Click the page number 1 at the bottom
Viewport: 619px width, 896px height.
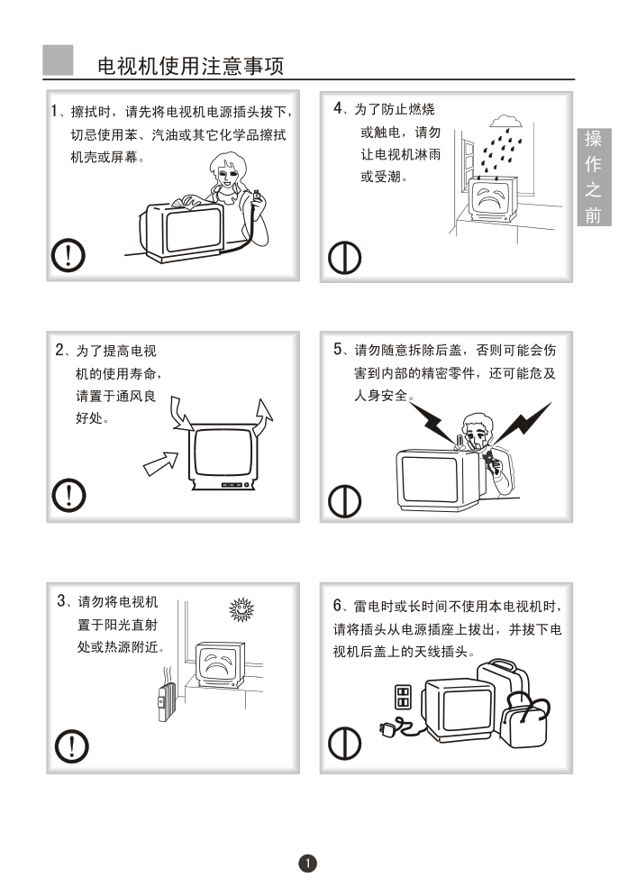pos(308,863)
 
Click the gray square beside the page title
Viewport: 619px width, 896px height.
pos(59,60)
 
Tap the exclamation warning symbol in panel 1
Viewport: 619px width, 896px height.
pos(68,255)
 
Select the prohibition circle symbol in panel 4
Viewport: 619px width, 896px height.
pos(345,258)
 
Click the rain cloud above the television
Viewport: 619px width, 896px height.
pos(505,121)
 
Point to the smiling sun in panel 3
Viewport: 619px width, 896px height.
pos(241,609)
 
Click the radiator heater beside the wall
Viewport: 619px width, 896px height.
pos(167,700)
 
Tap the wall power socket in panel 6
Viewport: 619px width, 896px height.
pos(403,697)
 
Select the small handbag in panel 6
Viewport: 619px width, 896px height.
pos(524,720)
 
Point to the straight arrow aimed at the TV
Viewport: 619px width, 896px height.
pos(160,463)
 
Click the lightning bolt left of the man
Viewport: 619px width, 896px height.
pos(434,422)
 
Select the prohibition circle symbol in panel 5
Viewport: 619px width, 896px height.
pos(345,501)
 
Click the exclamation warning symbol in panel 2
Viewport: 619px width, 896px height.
pos(69,495)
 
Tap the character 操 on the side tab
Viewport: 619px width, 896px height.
pos(593,138)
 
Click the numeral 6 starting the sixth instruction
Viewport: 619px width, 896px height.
pos(338,605)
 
